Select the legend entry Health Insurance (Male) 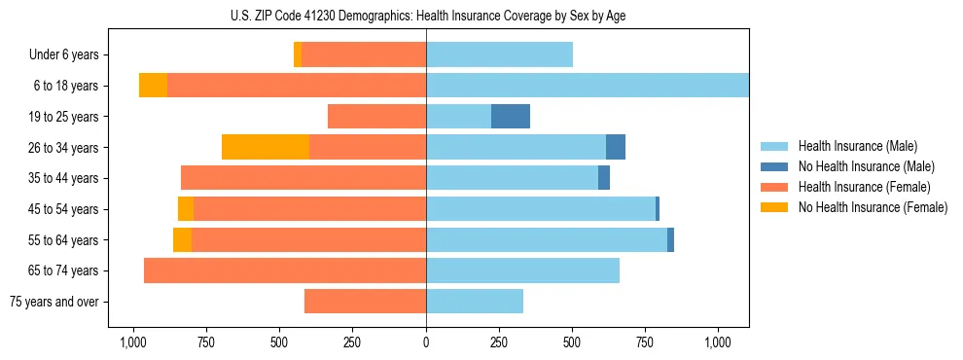pos(857,146)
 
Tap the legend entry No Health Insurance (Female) pos(873,207)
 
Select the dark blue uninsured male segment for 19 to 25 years pos(511,117)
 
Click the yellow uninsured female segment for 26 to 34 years pos(266,147)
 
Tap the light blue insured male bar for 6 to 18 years pos(588,86)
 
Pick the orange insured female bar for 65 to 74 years pos(285,270)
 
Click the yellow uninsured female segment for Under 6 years pos(298,54)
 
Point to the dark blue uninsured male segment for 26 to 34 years pos(616,147)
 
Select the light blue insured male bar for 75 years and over pos(475,302)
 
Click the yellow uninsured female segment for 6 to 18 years pos(153,86)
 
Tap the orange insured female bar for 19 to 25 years pos(376,117)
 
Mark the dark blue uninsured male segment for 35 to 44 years pos(604,178)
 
